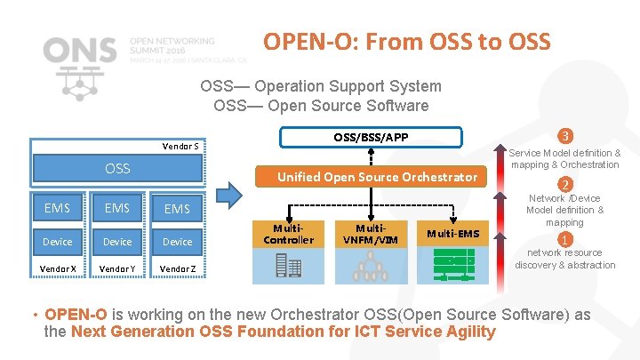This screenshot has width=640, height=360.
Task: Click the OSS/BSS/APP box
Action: tap(371, 136)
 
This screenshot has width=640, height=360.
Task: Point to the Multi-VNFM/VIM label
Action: tap(370, 234)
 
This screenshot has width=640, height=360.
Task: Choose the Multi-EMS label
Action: tap(452, 234)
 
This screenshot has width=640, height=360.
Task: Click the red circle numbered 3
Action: tap(564, 136)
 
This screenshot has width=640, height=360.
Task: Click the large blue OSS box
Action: tap(117, 168)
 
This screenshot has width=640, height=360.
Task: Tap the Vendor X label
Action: tap(57, 269)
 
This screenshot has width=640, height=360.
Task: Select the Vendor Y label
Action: tap(117, 269)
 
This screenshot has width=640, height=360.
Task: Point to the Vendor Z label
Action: tap(177, 269)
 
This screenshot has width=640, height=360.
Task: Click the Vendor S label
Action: tap(184, 146)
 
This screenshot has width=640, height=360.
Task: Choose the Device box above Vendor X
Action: tap(57, 241)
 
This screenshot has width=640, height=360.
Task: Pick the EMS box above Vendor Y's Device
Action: tap(117, 208)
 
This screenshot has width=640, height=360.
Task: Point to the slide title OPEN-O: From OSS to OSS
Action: tap(406, 42)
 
